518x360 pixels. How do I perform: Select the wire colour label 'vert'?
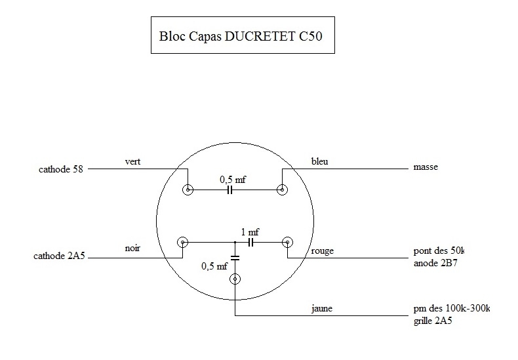(x=133, y=161)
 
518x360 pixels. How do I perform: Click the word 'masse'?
(x=426, y=168)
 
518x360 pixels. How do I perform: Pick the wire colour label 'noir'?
(x=133, y=249)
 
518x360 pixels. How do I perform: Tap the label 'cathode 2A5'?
(x=60, y=256)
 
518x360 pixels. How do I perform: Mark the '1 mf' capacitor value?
(x=250, y=231)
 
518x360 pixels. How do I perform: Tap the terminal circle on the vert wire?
(x=189, y=190)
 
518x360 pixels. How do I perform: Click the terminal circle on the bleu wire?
(x=282, y=190)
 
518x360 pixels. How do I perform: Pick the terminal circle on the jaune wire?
(x=235, y=280)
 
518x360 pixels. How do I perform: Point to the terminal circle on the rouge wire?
(x=287, y=243)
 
